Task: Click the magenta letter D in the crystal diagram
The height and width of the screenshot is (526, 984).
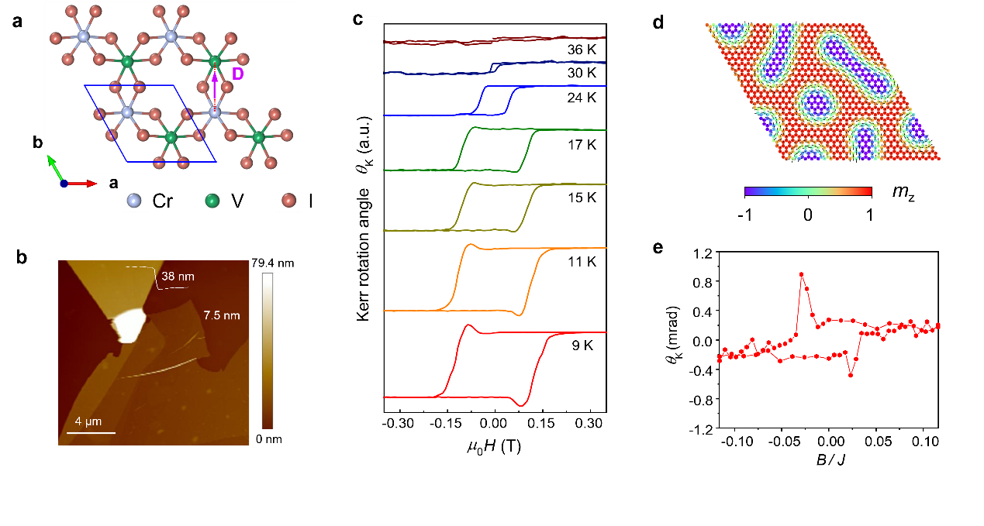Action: [238, 74]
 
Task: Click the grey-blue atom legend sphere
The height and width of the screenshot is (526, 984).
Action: [134, 200]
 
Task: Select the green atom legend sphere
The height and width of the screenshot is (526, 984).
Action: [212, 201]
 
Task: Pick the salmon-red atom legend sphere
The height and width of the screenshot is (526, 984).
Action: [289, 200]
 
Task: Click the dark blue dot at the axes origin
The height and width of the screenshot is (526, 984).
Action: [64, 184]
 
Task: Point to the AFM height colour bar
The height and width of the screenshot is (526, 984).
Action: [267, 349]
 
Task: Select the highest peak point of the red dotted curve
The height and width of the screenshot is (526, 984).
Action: [802, 274]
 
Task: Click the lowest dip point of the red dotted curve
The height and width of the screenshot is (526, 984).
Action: [851, 375]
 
